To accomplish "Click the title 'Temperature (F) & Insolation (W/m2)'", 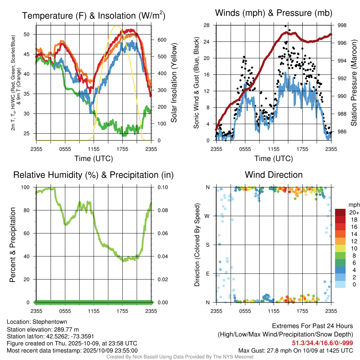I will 94,16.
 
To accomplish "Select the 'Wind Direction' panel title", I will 274,175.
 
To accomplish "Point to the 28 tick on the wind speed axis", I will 206,25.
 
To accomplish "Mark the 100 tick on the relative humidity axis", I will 28,187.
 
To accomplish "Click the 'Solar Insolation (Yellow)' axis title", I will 174,83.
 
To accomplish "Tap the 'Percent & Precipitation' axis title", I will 13,245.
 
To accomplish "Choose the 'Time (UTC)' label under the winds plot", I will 274,159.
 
